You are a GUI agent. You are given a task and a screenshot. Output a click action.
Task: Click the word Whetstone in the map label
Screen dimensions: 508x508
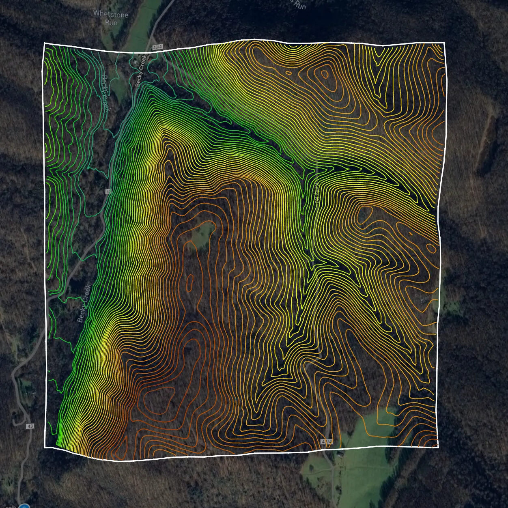[x=110, y=14]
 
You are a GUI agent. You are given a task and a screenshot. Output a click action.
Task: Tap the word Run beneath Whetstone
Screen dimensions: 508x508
[x=111, y=23]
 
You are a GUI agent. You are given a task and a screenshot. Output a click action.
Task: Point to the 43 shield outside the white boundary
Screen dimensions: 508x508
[x=30, y=426]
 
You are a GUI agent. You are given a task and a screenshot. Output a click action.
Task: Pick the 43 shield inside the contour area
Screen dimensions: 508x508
[x=108, y=191]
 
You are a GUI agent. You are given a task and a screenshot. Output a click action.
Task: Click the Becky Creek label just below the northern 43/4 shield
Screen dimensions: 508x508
[x=140, y=71]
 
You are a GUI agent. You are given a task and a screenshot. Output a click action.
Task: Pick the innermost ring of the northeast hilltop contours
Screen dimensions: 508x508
[x=324, y=74]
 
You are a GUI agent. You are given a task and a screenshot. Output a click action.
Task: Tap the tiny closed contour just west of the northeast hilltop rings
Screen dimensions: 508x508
[x=288, y=73]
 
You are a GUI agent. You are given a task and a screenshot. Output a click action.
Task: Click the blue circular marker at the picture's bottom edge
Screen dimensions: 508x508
[x=24, y=506]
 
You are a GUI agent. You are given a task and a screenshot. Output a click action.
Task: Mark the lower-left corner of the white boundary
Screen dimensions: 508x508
[x=45, y=447]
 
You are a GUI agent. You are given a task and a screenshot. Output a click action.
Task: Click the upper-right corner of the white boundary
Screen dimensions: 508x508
[x=444, y=43]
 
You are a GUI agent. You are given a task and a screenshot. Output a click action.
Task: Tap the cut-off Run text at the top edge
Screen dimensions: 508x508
[x=299, y=5]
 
